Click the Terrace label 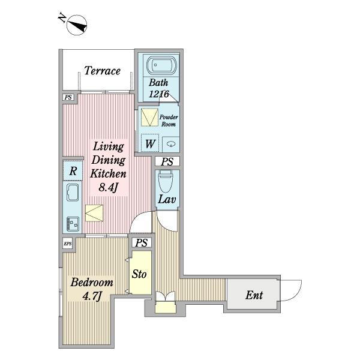click(x=103, y=70)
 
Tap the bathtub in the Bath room click(x=161, y=65)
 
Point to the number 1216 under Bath click(x=159, y=94)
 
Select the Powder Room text click(x=169, y=121)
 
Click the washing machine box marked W click(x=150, y=143)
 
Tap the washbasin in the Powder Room click(x=171, y=144)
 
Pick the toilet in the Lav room click(x=166, y=181)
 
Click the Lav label click(x=167, y=199)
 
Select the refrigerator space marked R click(x=73, y=171)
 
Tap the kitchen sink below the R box click(x=73, y=193)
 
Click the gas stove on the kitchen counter click(x=73, y=224)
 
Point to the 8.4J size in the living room click(x=108, y=188)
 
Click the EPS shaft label click(x=67, y=244)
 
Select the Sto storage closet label click(x=139, y=274)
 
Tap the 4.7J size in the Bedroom click(x=92, y=296)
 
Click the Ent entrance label click(x=254, y=295)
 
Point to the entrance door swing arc click(x=297, y=295)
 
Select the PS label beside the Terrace click(x=68, y=97)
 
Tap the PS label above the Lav click(x=167, y=161)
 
